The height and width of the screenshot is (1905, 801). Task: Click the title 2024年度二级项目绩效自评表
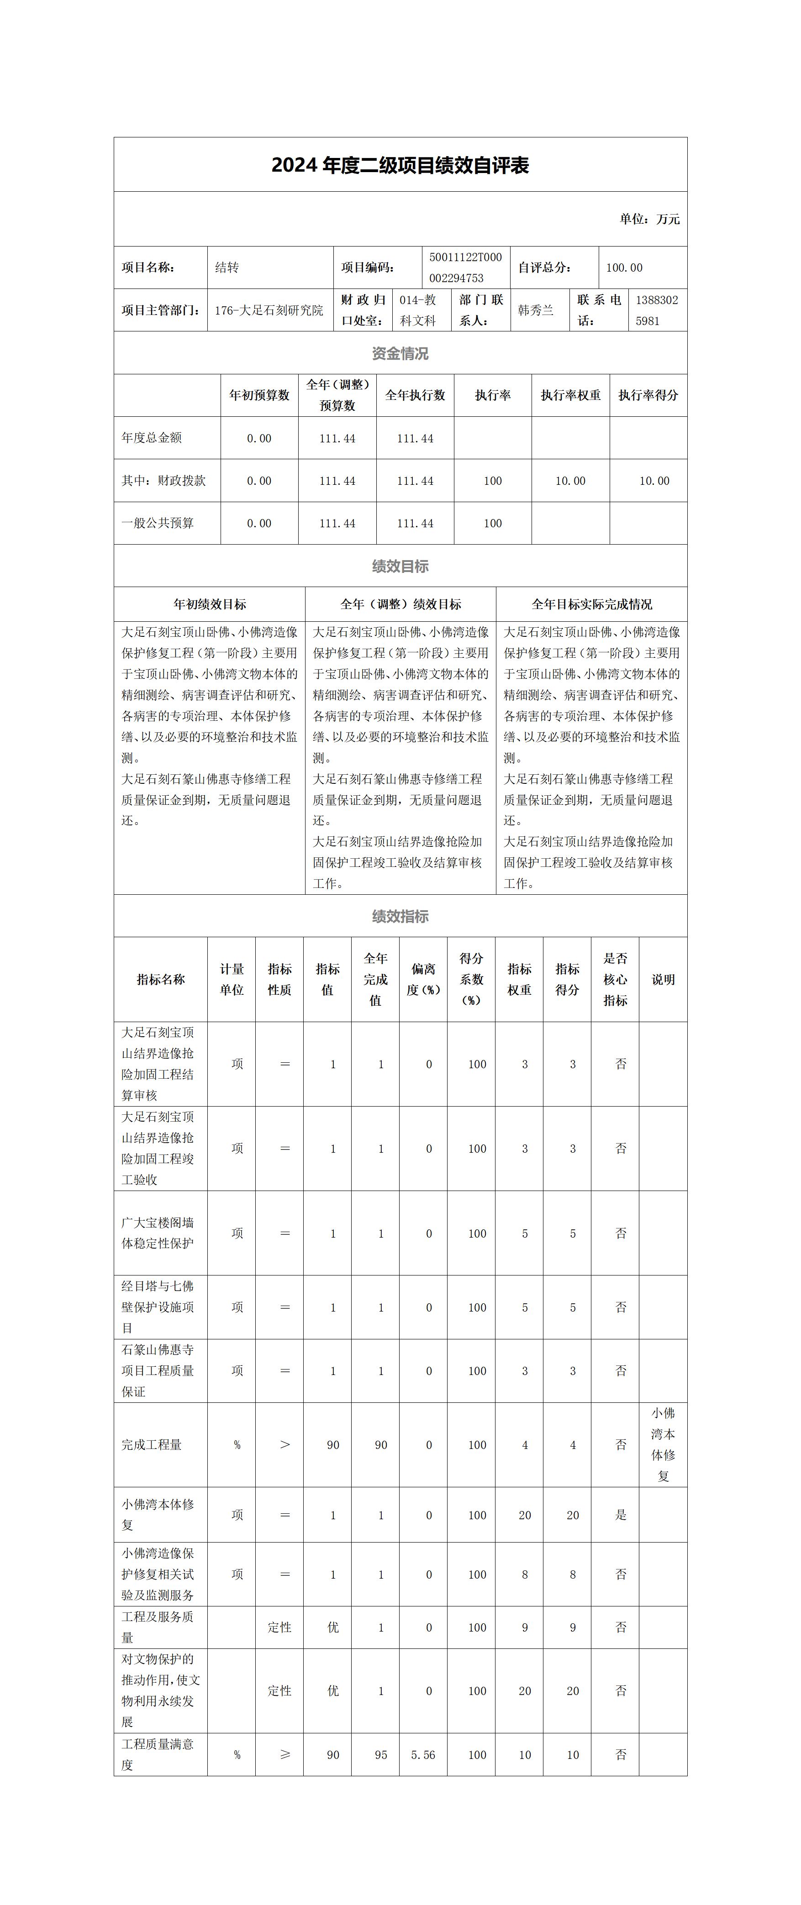pos(400,165)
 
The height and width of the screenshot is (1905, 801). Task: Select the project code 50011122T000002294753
pos(465,268)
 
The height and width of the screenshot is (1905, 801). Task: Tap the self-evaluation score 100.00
pos(624,268)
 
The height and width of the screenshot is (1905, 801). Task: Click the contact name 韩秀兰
pos(536,310)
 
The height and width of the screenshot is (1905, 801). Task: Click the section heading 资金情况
pos(400,353)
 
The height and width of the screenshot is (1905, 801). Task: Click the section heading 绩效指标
pos(400,916)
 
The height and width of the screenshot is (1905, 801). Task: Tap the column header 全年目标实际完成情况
pos(592,605)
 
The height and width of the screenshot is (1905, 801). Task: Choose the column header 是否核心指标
pos(615,979)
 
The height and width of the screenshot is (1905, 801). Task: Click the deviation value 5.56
pos(423,1755)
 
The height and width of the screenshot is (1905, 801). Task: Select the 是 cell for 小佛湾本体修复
pos(621,1515)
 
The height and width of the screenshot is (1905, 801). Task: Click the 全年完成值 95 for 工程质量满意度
pos(381,1755)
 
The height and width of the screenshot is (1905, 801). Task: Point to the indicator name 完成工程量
pos(152,1444)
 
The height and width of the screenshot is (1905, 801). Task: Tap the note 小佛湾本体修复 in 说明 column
pos(663,1444)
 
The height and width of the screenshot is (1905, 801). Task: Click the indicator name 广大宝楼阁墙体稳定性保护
pos(158,1233)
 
